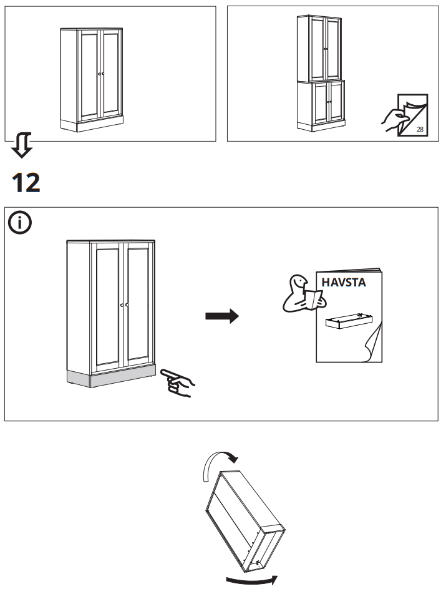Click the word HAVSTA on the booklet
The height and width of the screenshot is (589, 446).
pos(343,282)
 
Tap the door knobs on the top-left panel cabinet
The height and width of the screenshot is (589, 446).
pos(100,74)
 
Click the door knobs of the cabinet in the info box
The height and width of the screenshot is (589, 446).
pos(123,305)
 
